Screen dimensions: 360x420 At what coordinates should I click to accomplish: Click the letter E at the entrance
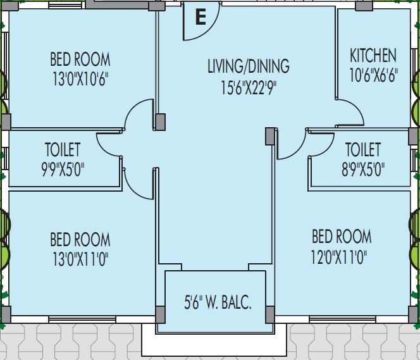[201, 17]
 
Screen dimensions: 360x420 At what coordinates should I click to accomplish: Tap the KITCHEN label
[373, 56]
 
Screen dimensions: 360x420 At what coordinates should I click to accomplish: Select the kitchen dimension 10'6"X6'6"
[373, 77]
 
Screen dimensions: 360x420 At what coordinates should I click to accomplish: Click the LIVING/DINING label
[248, 66]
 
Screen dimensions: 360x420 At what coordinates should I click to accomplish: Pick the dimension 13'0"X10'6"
[80, 80]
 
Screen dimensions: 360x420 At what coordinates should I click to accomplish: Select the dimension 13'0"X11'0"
[80, 259]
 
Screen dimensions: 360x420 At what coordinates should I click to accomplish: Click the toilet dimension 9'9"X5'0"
[63, 170]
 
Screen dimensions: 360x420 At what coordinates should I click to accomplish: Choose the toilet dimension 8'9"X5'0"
[362, 170]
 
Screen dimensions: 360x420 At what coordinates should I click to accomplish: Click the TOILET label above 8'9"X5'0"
[363, 150]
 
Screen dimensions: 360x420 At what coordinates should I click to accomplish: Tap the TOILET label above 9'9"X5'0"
[63, 150]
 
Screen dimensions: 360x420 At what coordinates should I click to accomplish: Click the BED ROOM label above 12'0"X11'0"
[342, 237]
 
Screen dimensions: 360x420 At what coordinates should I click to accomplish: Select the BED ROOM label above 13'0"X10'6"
[80, 60]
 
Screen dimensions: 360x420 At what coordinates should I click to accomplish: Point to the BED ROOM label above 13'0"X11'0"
[80, 240]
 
